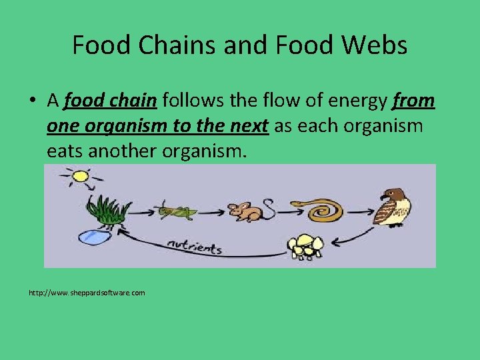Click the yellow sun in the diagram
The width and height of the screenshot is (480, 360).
point(80,177)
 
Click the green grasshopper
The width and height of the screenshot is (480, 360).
point(177,212)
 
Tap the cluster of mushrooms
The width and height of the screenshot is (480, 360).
point(305,246)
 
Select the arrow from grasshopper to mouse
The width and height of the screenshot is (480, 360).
point(212,212)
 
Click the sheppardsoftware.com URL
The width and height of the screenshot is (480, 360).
point(87,293)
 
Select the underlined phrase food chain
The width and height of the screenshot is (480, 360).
point(110,101)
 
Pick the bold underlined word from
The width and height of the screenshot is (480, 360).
point(414,101)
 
